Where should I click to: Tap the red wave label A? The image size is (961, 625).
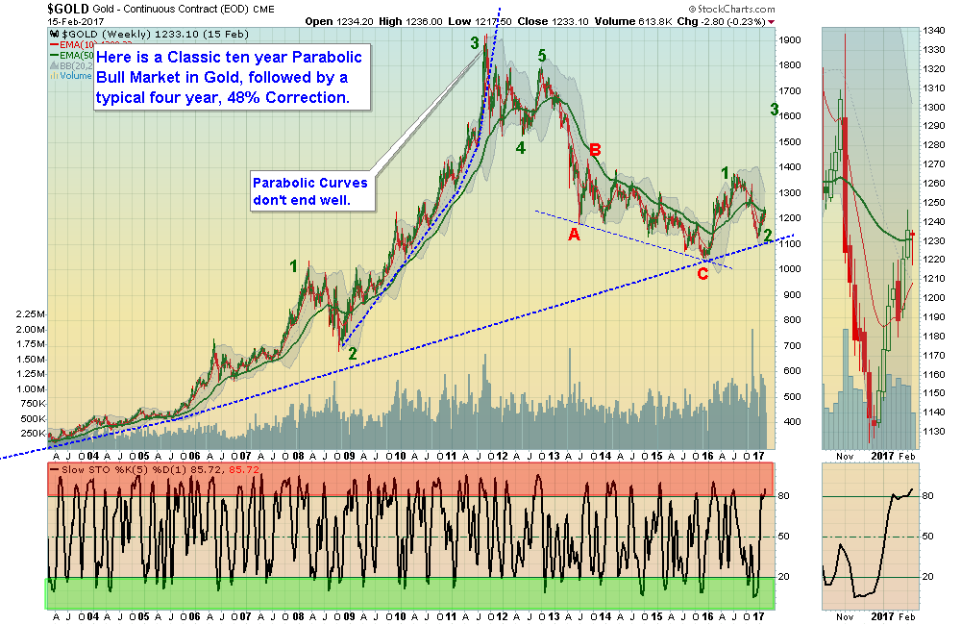pos(574,234)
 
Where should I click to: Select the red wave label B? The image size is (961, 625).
pos(595,150)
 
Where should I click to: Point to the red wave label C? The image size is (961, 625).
pos(702,273)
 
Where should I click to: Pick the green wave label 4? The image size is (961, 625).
pos(520,148)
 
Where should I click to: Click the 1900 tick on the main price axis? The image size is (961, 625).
pos(791,40)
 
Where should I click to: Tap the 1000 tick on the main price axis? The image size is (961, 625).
pos(791,268)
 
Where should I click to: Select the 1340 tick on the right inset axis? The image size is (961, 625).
pos(930,31)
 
